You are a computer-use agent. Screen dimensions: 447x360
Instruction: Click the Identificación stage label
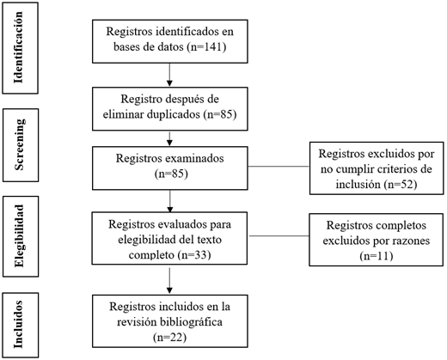[x=18, y=47]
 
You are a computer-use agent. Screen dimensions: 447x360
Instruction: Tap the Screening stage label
[x=19, y=144]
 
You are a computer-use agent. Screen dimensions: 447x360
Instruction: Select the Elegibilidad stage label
[x=19, y=236]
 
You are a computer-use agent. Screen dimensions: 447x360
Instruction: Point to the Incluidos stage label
[x=18, y=325]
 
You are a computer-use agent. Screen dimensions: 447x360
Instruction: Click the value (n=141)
[x=206, y=46]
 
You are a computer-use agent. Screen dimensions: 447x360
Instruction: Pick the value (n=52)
[x=400, y=184]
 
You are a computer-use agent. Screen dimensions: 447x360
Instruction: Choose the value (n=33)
[x=194, y=254]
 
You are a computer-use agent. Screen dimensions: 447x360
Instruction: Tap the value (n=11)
[x=376, y=255]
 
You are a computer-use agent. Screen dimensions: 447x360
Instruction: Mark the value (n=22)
[x=170, y=337]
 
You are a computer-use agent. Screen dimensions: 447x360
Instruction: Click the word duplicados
[x=174, y=114]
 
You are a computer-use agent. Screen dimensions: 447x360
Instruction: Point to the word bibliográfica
[x=191, y=322]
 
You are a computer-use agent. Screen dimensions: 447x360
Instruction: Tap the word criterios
[x=395, y=169]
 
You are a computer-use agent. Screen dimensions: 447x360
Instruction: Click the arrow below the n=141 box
[x=169, y=75]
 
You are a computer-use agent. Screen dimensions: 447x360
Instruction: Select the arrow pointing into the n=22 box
[x=169, y=281]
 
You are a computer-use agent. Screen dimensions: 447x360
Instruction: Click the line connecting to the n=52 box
[x=279, y=167]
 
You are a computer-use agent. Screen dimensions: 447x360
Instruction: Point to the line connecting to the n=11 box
[x=279, y=236]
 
